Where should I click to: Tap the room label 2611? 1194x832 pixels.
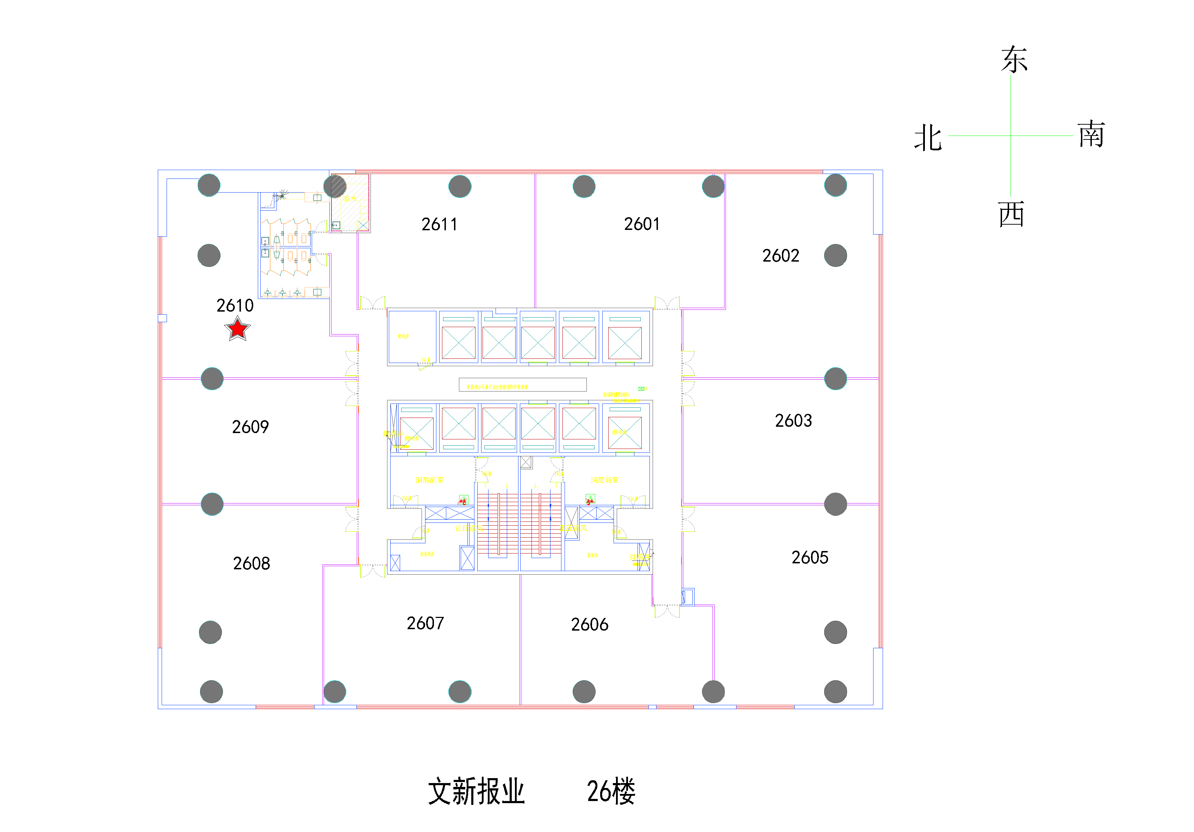(440, 224)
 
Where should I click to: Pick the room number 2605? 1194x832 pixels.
(810, 557)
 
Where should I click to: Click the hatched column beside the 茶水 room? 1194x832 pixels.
(335, 187)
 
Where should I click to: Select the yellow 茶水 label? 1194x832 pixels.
(350, 198)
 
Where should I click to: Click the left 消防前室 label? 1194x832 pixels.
(430, 480)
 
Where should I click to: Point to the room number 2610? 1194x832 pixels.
(235, 305)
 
